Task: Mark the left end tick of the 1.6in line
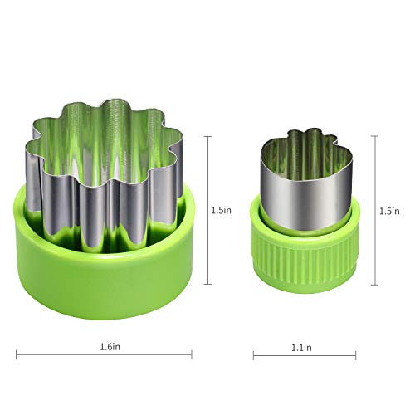17,355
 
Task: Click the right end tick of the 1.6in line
193,355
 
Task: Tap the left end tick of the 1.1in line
253,355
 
